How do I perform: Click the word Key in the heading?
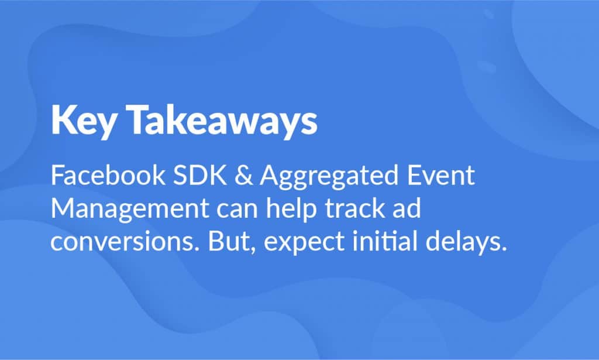[83, 121]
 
